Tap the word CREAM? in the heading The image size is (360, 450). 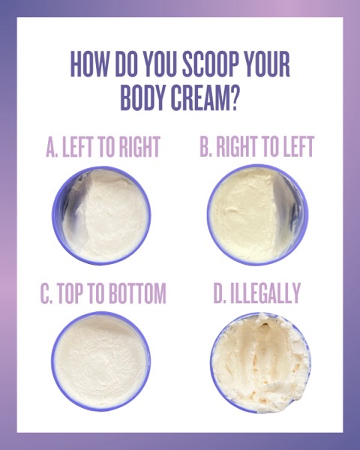pyautogui.click(x=205, y=98)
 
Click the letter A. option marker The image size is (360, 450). pyautogui.click(x=52, y=147)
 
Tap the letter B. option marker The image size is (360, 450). pyautogui.click(x=205, y=146)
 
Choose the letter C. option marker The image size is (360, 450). pyautogui.click(x=46, y=293)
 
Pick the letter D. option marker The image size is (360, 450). pyautogui.click(x=220, y=292)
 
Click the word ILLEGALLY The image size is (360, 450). pyautogui.click(x=265, y=292)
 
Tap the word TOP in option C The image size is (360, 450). pyautogui.click(x=70, y=293)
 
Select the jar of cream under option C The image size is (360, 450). pyautogui.click(x=100, y=361)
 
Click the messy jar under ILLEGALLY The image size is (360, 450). pyautogui.click(x=260, y=363)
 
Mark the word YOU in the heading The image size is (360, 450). pyautogui.click(x=160, y=64)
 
